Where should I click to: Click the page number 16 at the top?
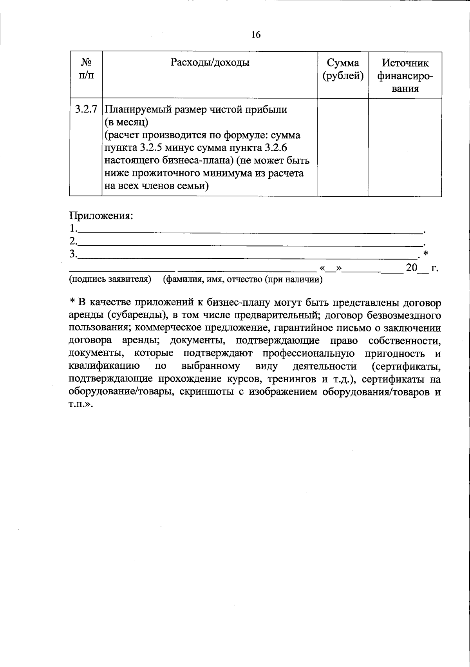pyautogui.click(x=255, y=35)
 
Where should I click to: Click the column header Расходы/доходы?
pyautogui.click(x=210, y=63)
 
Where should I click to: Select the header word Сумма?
pyautogui.click(x=343, y=63)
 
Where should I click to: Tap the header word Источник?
pyautogui.click(x=405, y=63)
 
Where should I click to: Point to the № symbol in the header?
pyautogui.click(x=86, y=63)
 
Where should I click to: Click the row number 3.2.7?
pyautogui.click(x=86, y=109)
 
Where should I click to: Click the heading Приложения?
pyautogui.click(x=101, y=216)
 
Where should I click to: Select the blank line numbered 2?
pyautogui.click(x=251, y=243)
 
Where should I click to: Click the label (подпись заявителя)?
pyautogui.click(x=110, y=279)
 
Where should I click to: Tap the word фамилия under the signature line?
pyautogui.click(x=184, y=279)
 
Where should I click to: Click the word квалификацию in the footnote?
pyautogui.click(x=105, y=367)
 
